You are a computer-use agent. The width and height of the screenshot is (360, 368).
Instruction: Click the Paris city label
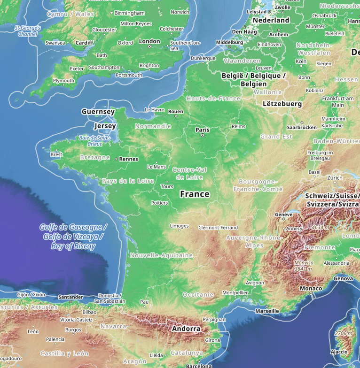[x=203, y=130]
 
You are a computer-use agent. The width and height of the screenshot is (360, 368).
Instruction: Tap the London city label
[x=150, y=41]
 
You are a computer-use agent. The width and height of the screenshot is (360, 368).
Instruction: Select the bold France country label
[x=195, y=194]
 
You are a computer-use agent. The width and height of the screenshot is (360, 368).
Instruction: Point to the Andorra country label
[x=186, y=329]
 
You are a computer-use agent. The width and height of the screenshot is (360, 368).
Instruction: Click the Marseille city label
[x=267, y=311]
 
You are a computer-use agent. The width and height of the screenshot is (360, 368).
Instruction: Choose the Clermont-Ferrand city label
[x=218, y=228]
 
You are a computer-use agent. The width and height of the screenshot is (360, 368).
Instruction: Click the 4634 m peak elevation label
[x=321, y=227]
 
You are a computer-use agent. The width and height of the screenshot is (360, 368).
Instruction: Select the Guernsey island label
[x=98, y=112]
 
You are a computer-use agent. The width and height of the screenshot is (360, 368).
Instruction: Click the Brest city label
[x=56, y=154]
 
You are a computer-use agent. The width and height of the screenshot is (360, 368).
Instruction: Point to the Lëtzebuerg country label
[x=282, y=103]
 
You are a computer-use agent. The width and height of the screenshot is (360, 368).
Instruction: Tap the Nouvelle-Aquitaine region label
[x=161, y=255]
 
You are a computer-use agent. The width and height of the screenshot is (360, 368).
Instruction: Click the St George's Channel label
[x=28, y=31]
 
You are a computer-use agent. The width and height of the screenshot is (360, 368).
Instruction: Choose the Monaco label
[x=311, y=288]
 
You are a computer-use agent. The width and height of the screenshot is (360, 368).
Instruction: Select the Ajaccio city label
[x=339, y=352]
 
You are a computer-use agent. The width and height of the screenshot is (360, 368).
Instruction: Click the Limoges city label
[x=179, y=226]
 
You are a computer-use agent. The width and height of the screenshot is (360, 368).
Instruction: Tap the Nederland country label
[x=271, y=20]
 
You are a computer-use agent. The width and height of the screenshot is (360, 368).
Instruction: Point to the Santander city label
[x=71, y=297]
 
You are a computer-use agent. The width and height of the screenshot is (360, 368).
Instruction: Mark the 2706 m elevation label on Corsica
[x=343, y=333]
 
